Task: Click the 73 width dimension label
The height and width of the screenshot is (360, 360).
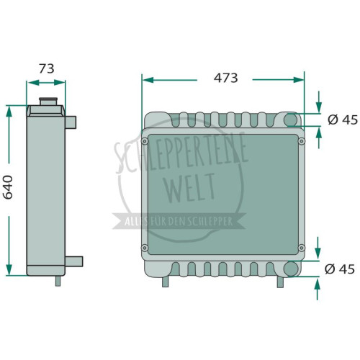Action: [x=47, y=68]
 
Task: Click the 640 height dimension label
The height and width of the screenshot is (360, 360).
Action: [x=8, y=187]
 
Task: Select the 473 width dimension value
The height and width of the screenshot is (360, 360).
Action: [x=225, y=78]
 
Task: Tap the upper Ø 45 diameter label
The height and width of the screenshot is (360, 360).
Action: [x=343, y=120]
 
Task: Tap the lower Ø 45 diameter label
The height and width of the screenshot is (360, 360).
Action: [x=340, y=269]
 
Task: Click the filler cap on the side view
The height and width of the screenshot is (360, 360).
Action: [x=48, y=101]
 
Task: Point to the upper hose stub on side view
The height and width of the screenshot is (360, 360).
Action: [x=71, y=122]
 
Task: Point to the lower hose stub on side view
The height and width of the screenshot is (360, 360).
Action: [x=74, y=261]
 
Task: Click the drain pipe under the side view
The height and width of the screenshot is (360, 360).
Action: [x=58, y=281]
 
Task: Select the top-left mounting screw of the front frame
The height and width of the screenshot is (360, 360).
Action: [x=145, y=141]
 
